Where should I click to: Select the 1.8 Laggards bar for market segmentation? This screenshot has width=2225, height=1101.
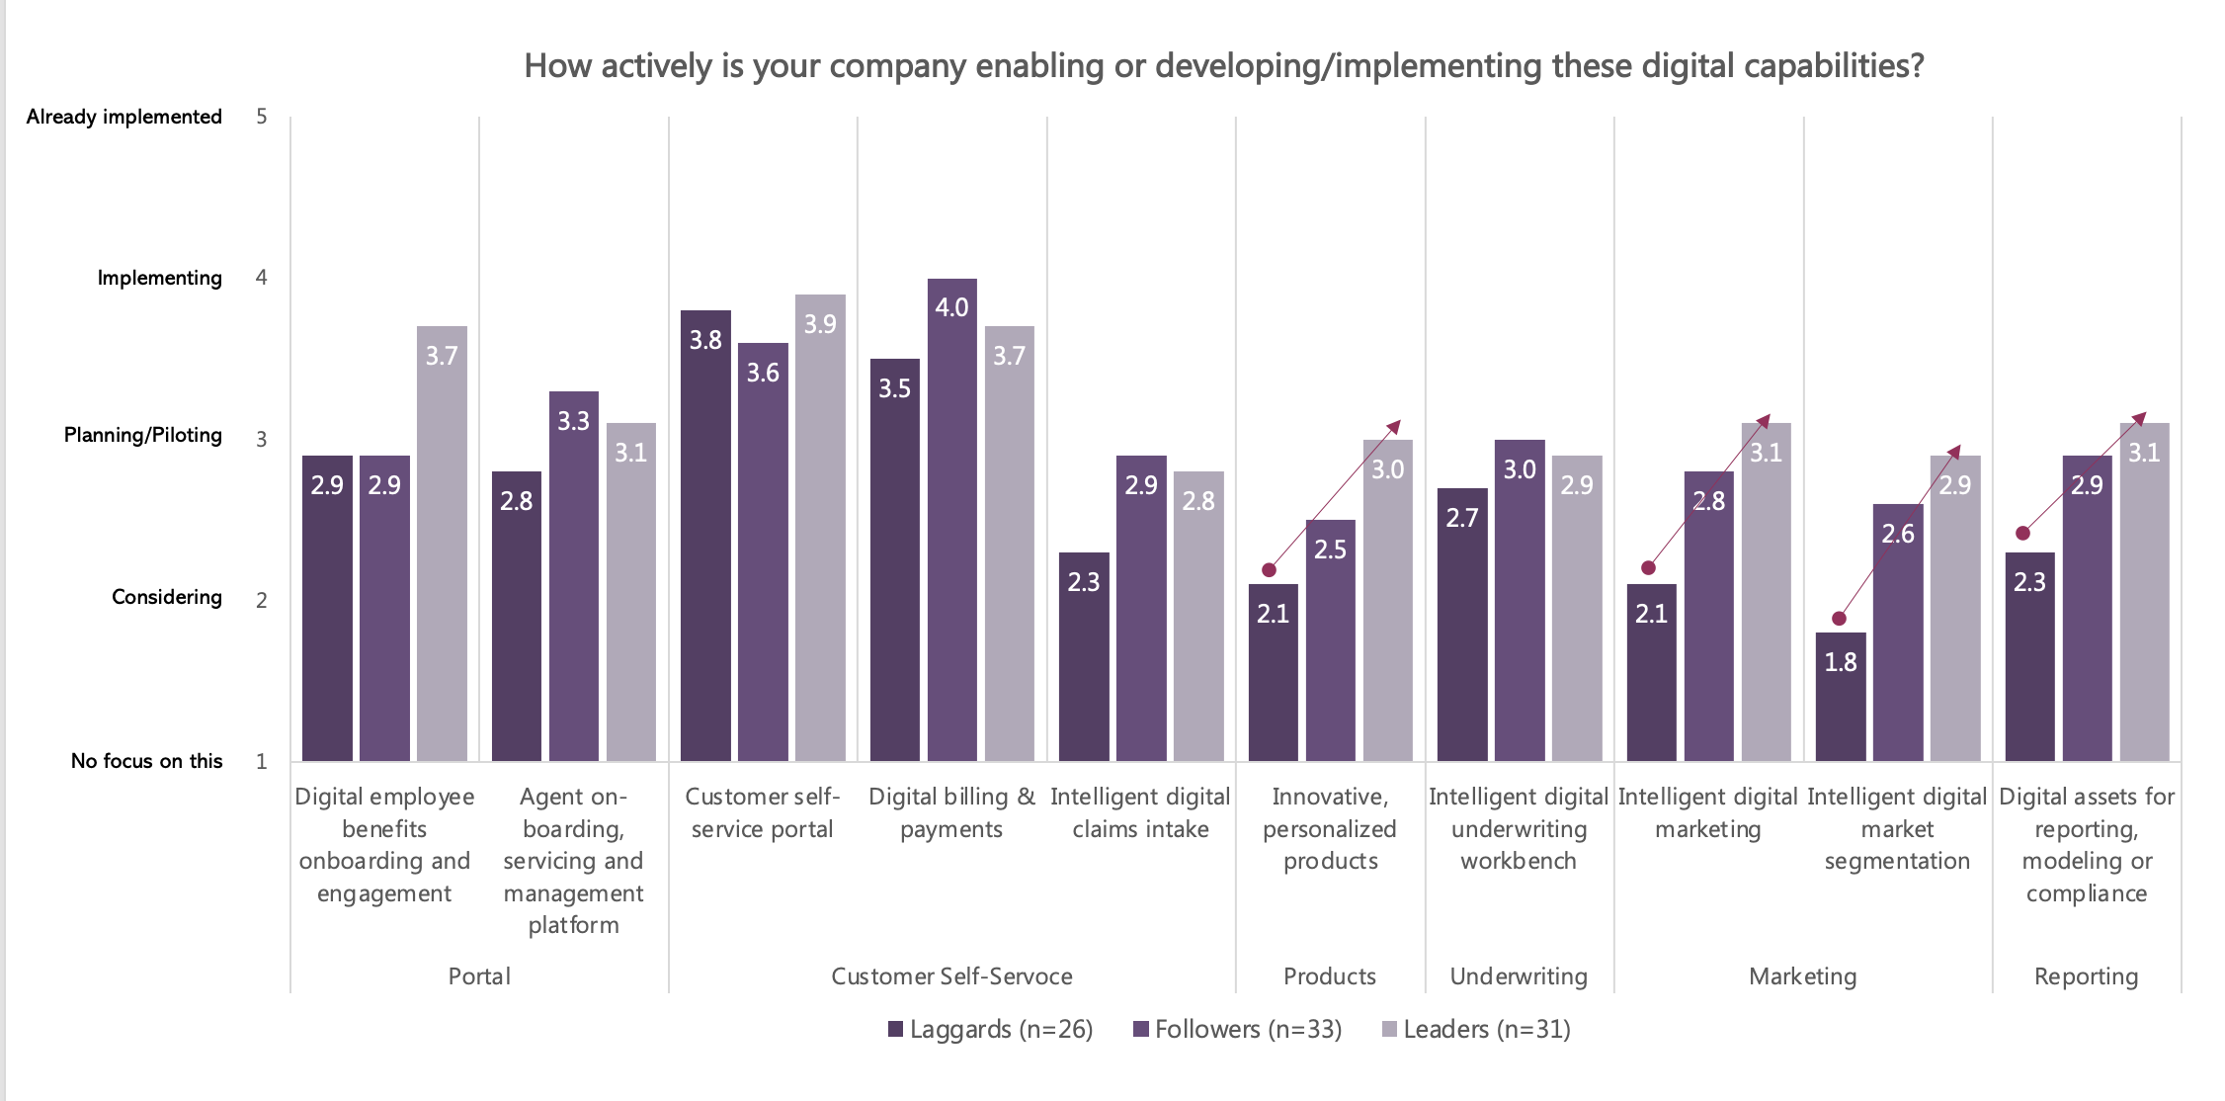point(1841,697)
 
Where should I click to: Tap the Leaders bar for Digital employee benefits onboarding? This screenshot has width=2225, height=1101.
point(442,544)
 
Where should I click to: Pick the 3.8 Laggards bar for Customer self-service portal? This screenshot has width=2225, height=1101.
point(705,535)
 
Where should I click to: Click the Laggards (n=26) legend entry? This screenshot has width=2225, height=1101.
point(991,1029)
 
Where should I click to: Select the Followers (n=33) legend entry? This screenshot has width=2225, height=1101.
point(1238,1029)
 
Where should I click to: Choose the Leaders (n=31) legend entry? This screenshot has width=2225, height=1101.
point(1476,1029)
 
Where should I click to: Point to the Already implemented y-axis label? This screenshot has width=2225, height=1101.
point(124,117)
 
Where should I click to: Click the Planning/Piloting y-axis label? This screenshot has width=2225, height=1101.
point(143,435)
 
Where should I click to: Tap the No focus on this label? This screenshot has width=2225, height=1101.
point(147,761)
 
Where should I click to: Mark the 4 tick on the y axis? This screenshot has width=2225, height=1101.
point(262,278)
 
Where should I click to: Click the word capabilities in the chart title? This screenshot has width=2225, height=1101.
point(1833,66)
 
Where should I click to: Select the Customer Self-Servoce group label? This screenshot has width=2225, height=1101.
point(951,976)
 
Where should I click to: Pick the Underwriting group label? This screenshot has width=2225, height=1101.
point(1519,976)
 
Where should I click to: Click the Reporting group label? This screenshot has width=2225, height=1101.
point(2086,976)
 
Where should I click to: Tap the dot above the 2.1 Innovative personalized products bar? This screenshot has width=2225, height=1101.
point(1270,570)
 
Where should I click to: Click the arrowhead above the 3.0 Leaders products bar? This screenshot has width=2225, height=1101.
point(1394,426)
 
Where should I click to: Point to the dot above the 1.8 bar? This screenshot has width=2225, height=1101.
point(1839,619)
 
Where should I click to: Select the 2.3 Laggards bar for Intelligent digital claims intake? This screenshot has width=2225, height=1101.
point(1084,656)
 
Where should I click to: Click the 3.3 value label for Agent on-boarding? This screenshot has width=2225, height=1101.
point(573,421)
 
